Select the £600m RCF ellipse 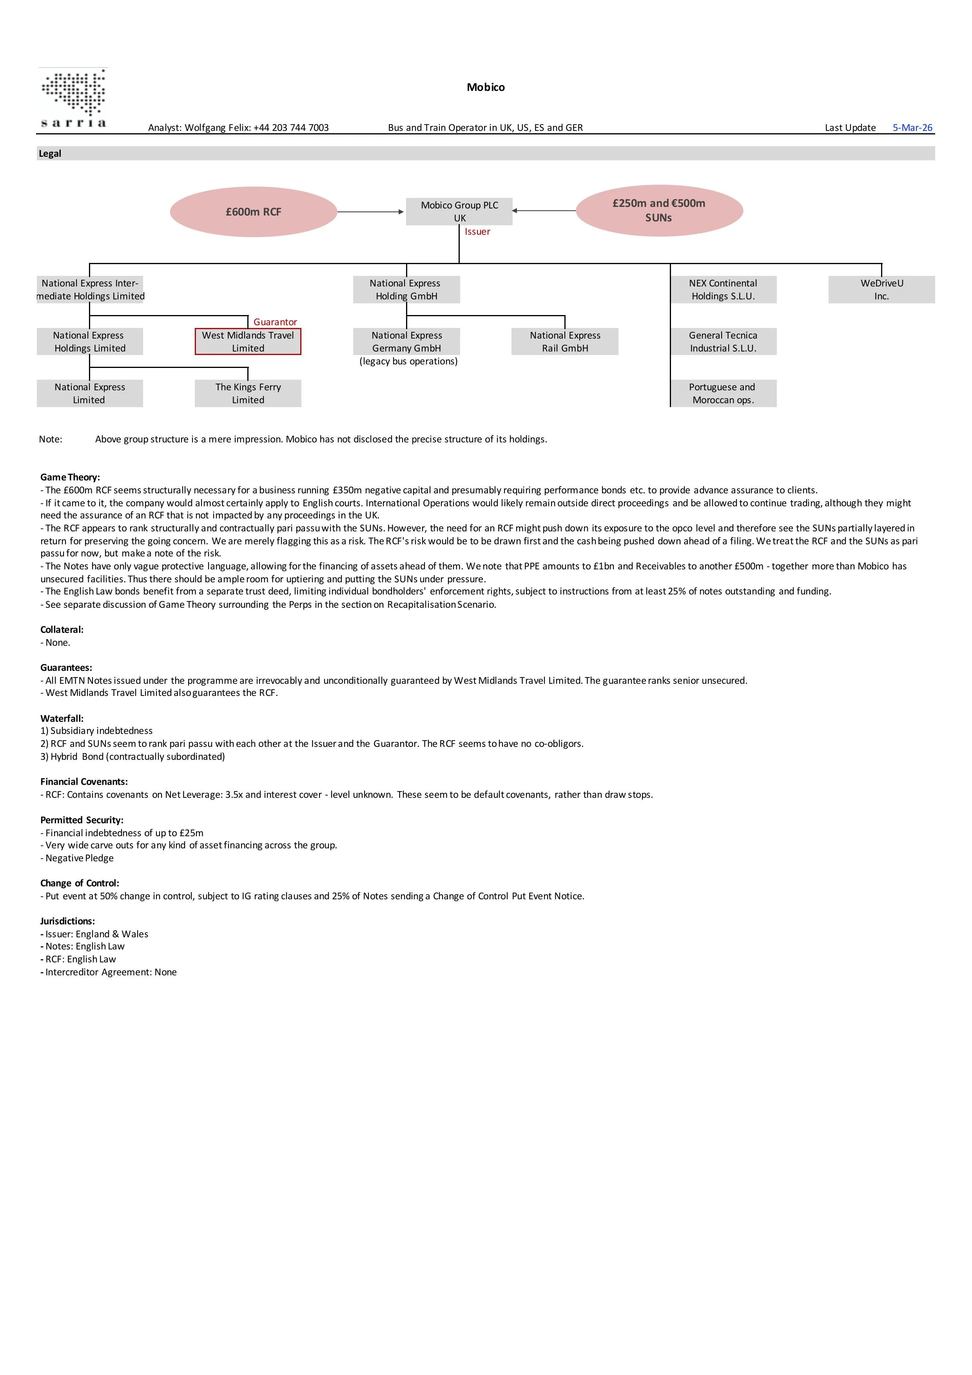tap(253, 212)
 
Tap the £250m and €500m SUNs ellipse tap(659, 210)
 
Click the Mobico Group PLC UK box tap(459, 211)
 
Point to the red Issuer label tap(477, 232)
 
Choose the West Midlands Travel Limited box tap(248, 341)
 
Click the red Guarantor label tap(275, 322)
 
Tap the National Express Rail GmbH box tap(565, 341)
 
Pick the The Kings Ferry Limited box tap(248, 393)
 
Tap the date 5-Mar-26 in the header tap(912, 128)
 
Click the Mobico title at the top tap(486, 87)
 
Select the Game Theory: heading tap(70, 477)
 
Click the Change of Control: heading tap(80, 883)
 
